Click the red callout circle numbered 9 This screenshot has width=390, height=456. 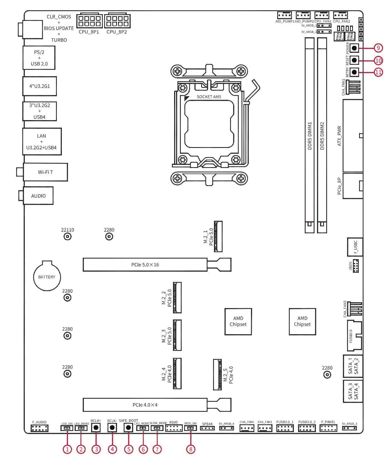coord(378,48)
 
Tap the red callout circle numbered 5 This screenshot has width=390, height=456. coord(129,449)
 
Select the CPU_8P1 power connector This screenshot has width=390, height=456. coord(89,21)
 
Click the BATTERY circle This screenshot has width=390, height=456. coord(47,277)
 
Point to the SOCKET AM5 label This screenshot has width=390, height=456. coord(209,97)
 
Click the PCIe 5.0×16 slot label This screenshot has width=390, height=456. coord(145,265)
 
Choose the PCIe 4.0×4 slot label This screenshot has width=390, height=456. coord(145,405)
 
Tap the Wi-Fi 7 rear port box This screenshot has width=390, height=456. coord(45,172)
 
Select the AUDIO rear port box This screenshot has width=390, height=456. coord(38,196)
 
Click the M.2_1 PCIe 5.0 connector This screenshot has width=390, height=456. coord(218,236)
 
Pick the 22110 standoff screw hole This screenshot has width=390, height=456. coord(67,237)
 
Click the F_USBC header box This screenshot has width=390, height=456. coord(355,247)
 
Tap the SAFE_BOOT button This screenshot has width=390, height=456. coord(128,427)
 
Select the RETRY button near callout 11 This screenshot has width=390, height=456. coord(354,72)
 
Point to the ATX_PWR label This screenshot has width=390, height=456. coord(339,136)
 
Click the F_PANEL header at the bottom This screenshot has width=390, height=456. coord(328,428)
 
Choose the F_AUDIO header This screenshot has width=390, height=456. coord(39,428)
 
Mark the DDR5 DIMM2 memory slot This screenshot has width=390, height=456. coord(322,136)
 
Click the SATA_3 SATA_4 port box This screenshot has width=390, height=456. coord(353,391)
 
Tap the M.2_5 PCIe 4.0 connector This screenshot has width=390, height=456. coord(218,375)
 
